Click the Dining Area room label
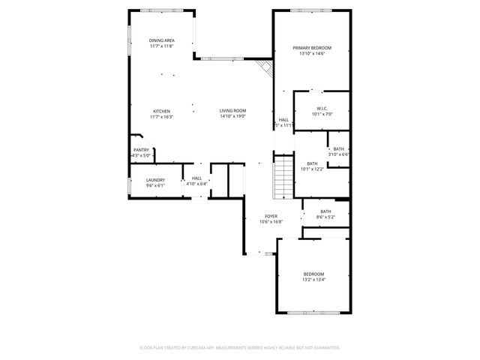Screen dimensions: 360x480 (x=161, y=40)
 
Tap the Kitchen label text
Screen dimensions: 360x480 (x=161, y=111)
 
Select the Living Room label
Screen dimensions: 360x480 (x=233, y=111)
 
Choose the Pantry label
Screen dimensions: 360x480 (x=141, y=150)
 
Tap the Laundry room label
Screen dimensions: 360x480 (x=155, y=179)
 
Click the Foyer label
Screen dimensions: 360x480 (x=271, y=216)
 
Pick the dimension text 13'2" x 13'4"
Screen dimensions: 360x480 (x=313, y=280)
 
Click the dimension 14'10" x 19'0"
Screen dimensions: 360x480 (x=233, y=116)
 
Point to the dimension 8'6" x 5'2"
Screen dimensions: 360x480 (x=326, y=217)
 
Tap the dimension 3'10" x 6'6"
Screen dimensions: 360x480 (x=339, y=154)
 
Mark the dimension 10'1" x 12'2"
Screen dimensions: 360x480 (x=312, y=169)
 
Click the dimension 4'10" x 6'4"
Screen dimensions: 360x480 (x=197, y=184)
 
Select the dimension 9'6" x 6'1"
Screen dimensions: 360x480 (x=155, y=184)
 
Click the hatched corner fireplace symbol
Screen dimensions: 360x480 (x=264, y=68)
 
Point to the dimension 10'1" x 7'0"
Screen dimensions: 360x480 (x=322, y=114)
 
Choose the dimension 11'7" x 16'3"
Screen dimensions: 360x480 (x=161, y=116)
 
